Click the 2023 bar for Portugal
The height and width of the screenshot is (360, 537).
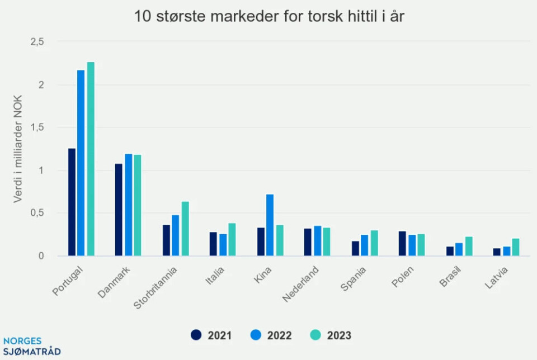click(x=91, y=159)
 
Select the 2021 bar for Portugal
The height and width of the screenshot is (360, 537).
click(x=72, y=202)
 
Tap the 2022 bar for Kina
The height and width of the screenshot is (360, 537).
click(x=270, y=225)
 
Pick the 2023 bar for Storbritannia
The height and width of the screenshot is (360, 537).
click(x=185, y=229)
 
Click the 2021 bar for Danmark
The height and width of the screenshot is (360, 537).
click(x=119, y=210)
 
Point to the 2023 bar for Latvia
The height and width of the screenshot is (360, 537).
click(x=516, y=247)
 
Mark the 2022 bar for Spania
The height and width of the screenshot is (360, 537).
click(x=364, y=245)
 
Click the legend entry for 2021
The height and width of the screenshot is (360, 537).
click(x=211, y=335)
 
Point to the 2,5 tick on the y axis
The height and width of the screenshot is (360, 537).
click(x=36, y=42)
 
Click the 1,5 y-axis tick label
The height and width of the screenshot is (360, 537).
click(x=36, y=127)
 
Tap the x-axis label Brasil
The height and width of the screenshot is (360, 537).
click(x=450, y=277)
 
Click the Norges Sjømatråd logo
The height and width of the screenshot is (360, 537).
click(x=32, y=347)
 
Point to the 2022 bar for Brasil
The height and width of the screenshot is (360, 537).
click(x=459, y=249)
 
